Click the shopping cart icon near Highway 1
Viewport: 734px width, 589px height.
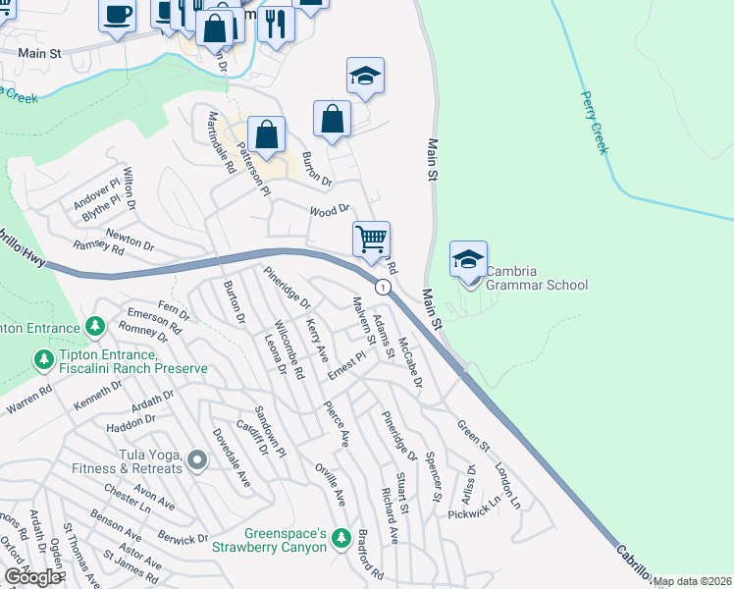point(371,239)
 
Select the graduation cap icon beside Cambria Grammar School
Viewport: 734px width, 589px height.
point(468,260)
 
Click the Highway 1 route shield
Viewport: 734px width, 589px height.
point(384,287)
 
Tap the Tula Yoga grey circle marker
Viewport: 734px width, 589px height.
point(197,459)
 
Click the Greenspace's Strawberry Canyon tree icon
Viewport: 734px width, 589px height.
point(341,537)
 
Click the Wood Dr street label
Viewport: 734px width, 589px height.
point(330,211)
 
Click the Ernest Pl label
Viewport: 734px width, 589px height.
point(345,365)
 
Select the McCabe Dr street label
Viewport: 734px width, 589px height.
point(410,362)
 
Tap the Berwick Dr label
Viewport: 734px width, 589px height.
point(183,539)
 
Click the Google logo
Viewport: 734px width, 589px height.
point(31,577)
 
